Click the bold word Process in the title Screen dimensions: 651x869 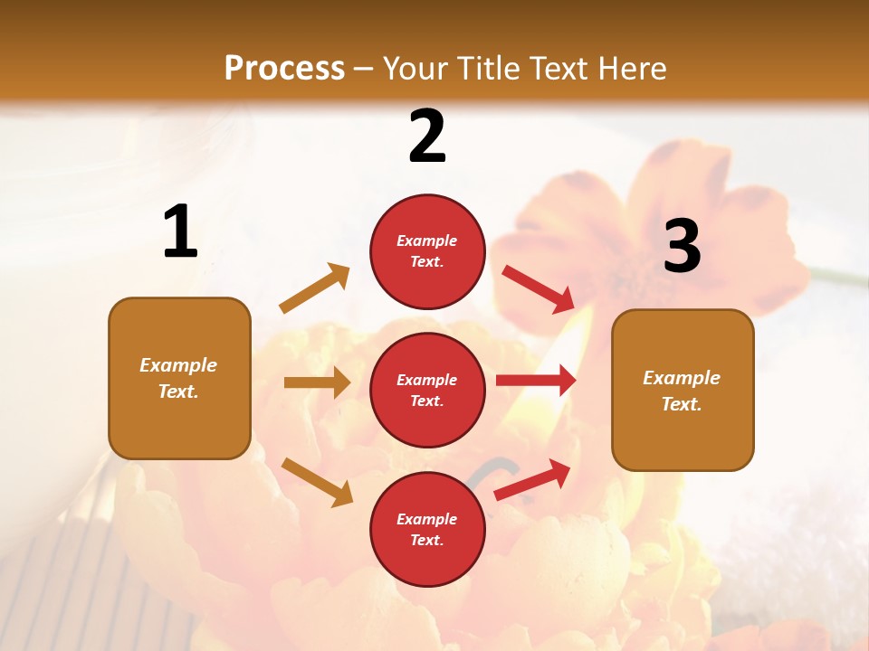284,68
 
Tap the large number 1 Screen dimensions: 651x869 180,232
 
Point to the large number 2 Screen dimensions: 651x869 427,137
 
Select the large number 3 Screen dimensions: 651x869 682,247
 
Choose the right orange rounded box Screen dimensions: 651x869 683,434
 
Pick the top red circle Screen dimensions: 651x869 427,217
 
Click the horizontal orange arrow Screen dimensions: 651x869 317,382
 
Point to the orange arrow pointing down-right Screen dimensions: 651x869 317,481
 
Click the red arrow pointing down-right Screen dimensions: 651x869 539,288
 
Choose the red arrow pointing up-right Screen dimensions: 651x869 532,479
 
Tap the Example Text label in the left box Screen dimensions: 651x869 178,378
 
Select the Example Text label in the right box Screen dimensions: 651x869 682,391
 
